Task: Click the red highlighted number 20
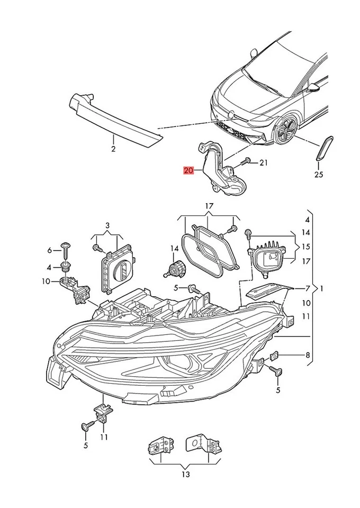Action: click(188, 170)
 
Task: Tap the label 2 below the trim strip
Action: click(113, 150)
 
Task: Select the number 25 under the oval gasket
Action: click(318, 174)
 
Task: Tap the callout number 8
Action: click(307, 356)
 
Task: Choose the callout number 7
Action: click(307, 288)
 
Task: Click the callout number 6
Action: click(50, 250)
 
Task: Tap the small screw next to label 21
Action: click(246, 161)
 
